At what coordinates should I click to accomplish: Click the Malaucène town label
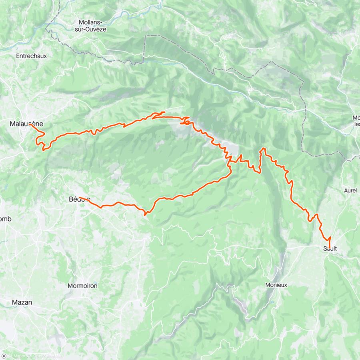coord(26,124)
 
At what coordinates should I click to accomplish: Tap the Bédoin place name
coord(80,199)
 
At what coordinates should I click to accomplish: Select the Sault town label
coord(330,249)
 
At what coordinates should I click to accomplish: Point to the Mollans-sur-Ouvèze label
coord(92,26)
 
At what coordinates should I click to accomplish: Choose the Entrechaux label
coord(31,56)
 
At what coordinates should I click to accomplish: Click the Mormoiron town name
coord(82,286)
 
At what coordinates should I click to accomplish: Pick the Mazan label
coord(22,302)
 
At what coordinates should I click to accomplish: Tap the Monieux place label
coord(276,285)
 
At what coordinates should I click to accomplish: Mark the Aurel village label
coord(350,190)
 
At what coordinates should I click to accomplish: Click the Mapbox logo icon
coord(5,355)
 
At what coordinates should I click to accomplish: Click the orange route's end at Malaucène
coord(30,124)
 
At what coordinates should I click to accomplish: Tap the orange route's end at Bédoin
coord(80,197)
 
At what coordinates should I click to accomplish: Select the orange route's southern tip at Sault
coord(329,248)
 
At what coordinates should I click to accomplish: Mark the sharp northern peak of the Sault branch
coord(263,148)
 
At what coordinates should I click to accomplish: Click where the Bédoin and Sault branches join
coord(230,162)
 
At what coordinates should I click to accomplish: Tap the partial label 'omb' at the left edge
coord(6,219)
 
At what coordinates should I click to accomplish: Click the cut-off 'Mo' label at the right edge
coord(356,120)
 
